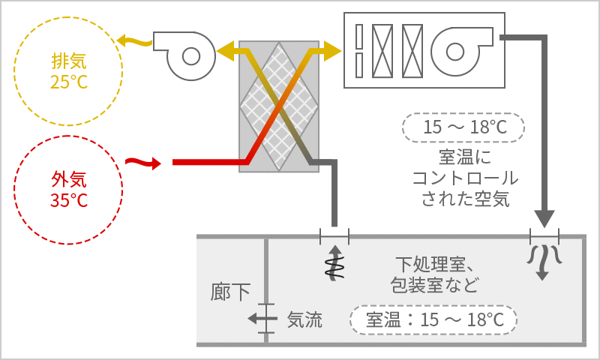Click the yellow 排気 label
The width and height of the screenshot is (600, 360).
pos(69,61)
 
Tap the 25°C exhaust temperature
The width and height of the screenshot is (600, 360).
pos(69,82)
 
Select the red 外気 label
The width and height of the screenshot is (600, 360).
pos(69,179)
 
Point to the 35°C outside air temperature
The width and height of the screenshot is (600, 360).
pos(69,200)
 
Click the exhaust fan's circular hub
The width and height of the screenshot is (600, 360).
pos(191,56)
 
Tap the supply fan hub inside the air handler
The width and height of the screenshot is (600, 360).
pos(455,52)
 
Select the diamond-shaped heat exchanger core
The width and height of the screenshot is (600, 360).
pos(279,106)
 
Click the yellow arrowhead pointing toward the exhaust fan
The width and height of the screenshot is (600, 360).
pos(225,50)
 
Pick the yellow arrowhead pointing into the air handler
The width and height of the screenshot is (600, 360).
pos(332,50)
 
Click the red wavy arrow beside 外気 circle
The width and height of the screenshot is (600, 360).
pos(143,163)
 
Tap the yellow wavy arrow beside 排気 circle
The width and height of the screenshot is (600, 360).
pos(135,40)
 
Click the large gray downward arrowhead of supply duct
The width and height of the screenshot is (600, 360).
pos(544,218)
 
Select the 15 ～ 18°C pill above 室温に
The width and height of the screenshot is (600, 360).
pos(463,127)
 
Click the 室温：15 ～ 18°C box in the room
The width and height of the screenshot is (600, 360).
pos(433,319)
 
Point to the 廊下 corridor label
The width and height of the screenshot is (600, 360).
pos(230,292)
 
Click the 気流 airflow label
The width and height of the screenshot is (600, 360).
pos(304,319)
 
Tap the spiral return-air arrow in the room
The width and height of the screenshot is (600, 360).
pos(334,263)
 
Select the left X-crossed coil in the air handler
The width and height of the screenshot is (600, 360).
pos(382,51)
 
